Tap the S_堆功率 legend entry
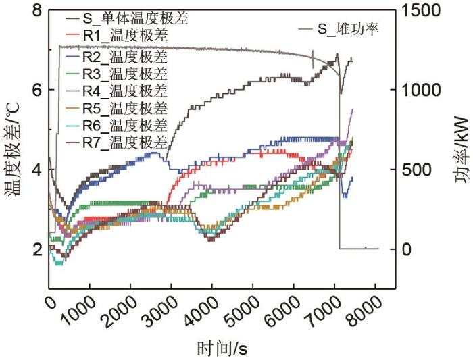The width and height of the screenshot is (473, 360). (x=349, y=29)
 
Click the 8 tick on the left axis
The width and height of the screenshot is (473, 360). (x=37, y=11)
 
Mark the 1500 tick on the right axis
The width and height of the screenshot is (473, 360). (x=421, y=11)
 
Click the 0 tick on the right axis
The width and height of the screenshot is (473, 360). (x=407, y=249)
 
